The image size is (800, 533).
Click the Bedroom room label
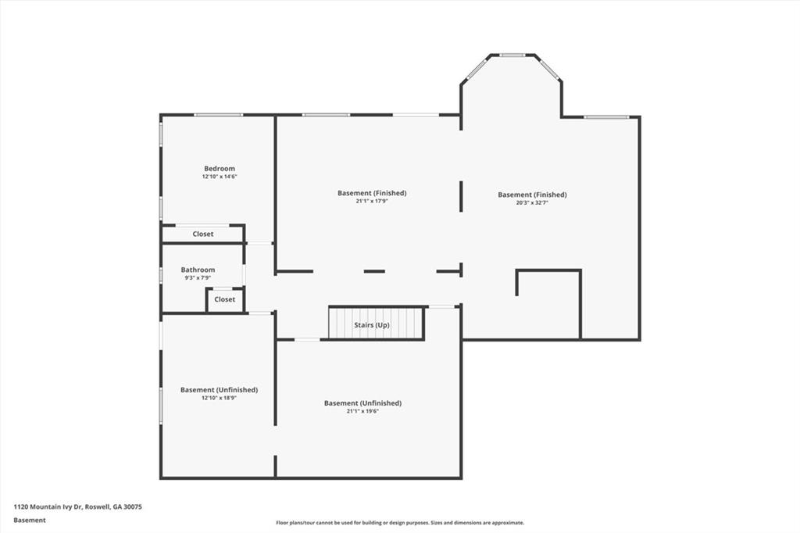tap(220, 169)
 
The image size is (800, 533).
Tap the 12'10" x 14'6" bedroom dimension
tap(220, 177)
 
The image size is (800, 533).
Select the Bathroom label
tap(198, 270)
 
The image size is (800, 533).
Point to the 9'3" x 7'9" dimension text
tap(198, 277)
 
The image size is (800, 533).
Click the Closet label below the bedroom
tap(203, 234)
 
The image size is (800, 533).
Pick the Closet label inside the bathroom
tap(225, 299)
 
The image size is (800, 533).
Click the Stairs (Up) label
tap(372, 324)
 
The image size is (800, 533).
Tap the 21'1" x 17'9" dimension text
tap(372, 202)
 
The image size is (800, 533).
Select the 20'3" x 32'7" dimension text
tap(532, 203)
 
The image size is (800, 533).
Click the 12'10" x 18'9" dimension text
tap(219, 398)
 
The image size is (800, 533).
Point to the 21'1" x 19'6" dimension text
tap(362, 411)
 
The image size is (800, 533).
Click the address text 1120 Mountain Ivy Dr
tap(77, 506)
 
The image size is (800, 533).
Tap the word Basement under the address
tap(30, 520)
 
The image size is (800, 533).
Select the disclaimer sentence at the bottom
tap(399, 523)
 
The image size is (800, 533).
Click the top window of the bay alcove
tap(512, 55)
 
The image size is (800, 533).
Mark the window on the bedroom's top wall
tap(218, 115)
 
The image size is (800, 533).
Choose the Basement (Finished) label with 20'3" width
tap(532, 195)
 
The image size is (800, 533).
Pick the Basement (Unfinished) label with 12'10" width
tap(219, 390)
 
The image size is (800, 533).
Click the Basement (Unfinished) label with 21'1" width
tap(362, 403)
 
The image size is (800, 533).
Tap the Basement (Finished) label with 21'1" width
tap(372, 193)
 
